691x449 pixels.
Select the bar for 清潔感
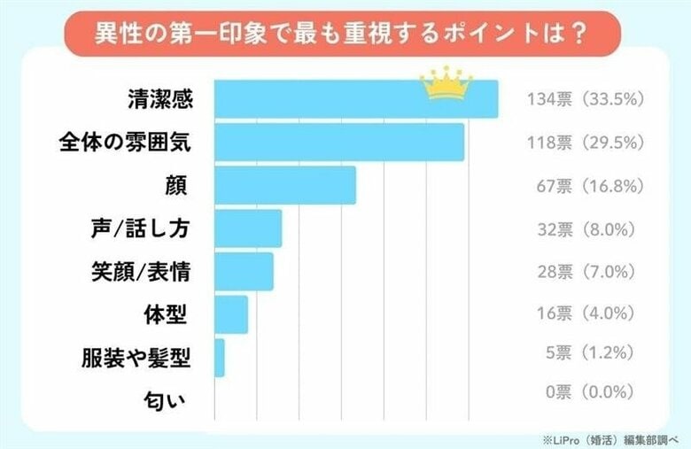click(x=354, y=99)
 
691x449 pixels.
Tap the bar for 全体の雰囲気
click(x=339, y=142)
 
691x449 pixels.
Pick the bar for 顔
click(x=285, y=185)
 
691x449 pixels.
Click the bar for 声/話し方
click(x=248, y=228)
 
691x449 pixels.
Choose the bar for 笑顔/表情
click(x=244, y=271)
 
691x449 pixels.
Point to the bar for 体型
click(x=231, y=314)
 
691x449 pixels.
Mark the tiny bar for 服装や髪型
click(x=220, y=358)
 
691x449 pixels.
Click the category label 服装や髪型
click(x=136, y=358)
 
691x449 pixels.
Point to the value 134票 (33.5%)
click(x=582, y=99)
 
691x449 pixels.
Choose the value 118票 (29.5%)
click(x=582, y=142)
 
